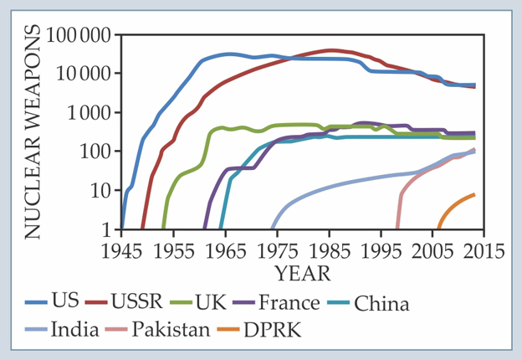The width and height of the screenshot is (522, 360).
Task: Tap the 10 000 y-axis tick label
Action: [x=87, y=75]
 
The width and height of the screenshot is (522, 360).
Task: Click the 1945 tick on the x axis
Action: [x=121, y=250]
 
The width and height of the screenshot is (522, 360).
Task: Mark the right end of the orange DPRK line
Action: [x=474, y=194]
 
